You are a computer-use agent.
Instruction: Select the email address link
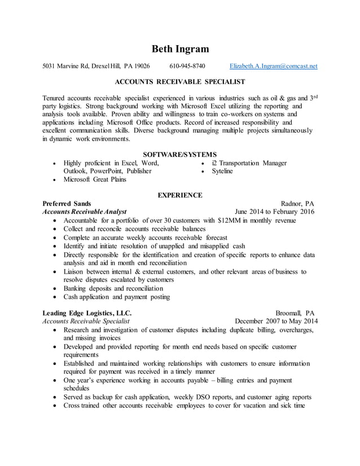coord(274,66)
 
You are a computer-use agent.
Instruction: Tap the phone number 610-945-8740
coord(187,66)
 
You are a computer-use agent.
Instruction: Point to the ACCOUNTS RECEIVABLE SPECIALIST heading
coord(179,82)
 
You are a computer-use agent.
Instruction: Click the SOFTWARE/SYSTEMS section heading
coord(179,154)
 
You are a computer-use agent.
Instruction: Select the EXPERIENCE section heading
coord(179,195)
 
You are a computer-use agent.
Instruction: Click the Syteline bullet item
coord(222,171)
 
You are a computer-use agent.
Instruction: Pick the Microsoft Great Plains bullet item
coord(95,179)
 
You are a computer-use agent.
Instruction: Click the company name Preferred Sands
coord(67,204)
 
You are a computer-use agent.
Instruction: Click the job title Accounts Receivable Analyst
coord(85,212)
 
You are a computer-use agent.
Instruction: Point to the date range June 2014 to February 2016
coord(275,212)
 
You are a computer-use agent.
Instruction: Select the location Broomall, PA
coord(295,313)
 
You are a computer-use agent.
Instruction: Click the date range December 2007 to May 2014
coord(276,321)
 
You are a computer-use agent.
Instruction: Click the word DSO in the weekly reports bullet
coord(204,397)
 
